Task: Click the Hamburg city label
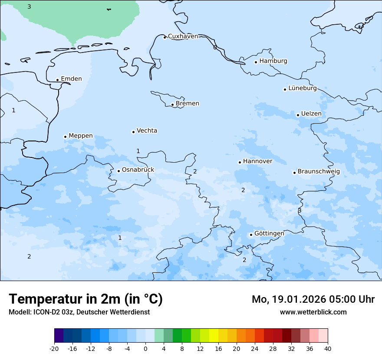tap(273, 61)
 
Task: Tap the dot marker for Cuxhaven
tap(165, 37)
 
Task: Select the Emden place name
tap(71, 79)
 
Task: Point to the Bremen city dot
tap(172, 105)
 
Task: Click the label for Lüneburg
tap(302, 88)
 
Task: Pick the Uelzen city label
tap(311, 114)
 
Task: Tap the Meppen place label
tap(81, 136)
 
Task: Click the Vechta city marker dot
tap(133, 132)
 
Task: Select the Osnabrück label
tap(138, 170)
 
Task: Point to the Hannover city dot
tap(240, 162)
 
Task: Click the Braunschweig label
tap(319, 172)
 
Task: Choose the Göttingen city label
tap(269, 234)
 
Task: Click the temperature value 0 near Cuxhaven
tap(215, 47)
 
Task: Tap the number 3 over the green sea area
tap(29, 7)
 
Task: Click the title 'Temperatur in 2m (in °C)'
tap(86, 299)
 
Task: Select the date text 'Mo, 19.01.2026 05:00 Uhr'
tap(313, 299)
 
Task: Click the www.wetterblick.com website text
tap(313, 312)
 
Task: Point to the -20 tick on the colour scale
tap(54, 349)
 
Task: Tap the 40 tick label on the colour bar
tap(328, 349)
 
